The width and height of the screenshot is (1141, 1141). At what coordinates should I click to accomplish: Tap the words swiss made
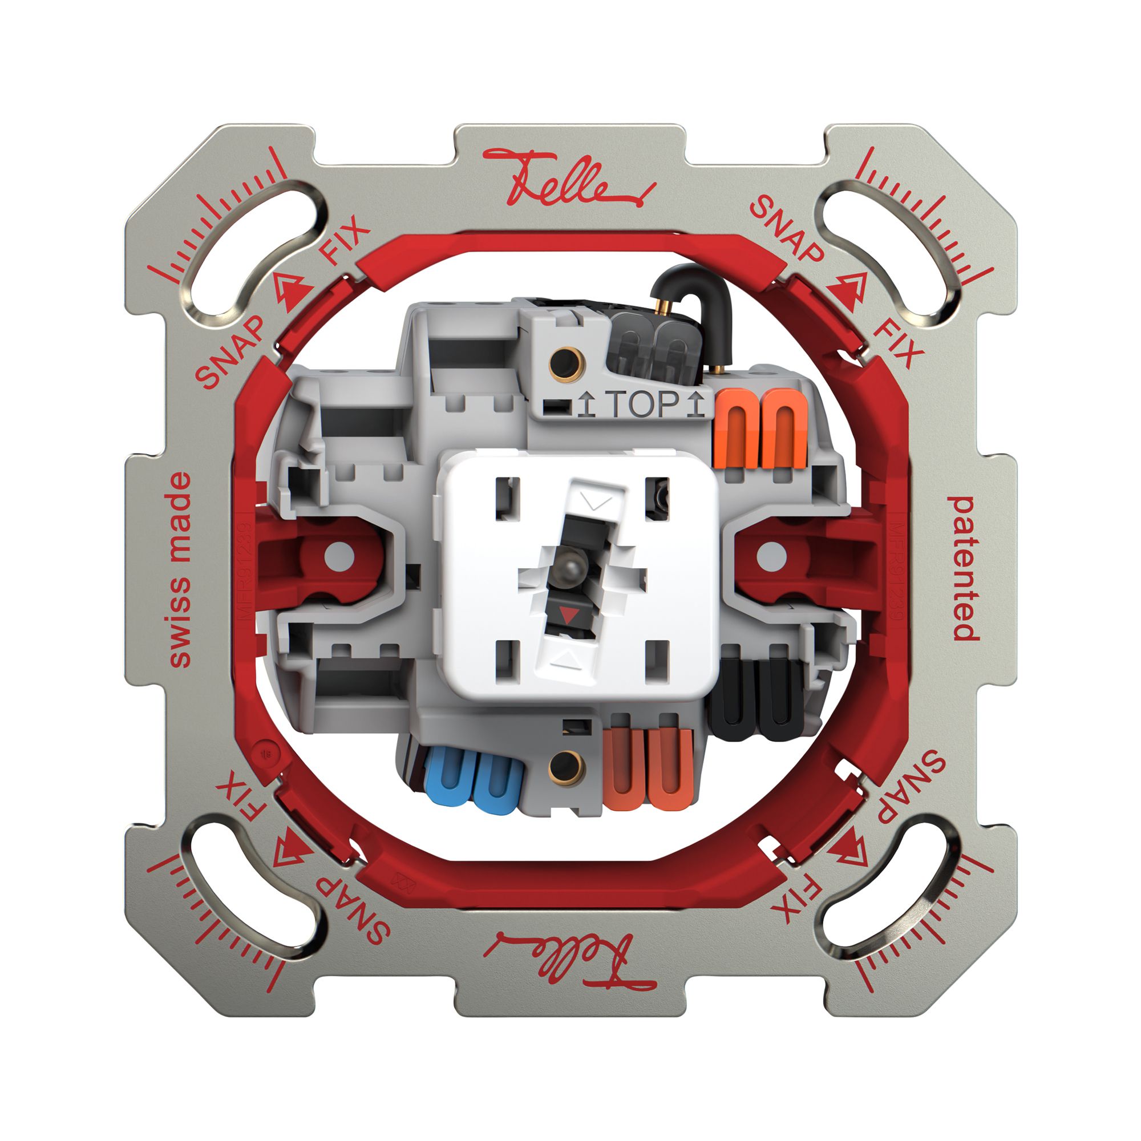click(x=180, y=570)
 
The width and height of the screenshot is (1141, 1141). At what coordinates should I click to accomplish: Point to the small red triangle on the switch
click(x=568, y=617)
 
